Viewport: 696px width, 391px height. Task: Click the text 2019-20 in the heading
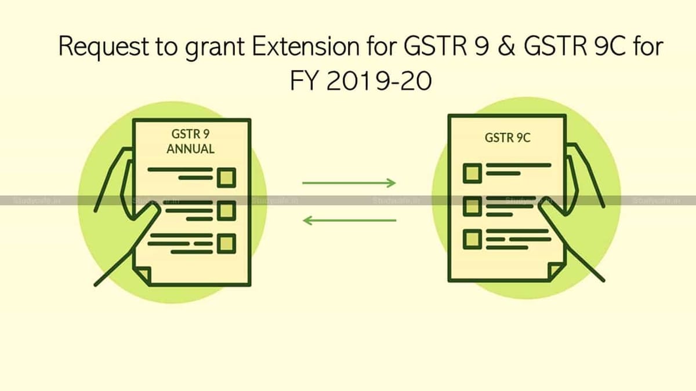click(379, 82)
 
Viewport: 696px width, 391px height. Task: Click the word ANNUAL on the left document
click(190, 149)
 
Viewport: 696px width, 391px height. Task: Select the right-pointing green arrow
click(349, 183)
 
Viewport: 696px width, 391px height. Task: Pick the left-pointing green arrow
click(350, 220)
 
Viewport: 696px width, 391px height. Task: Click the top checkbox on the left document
click(226, 177)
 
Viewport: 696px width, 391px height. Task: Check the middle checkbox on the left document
click(226, 210)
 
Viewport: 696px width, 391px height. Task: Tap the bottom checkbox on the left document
click(226, 243)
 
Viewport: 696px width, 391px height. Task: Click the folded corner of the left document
click(143, 276)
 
